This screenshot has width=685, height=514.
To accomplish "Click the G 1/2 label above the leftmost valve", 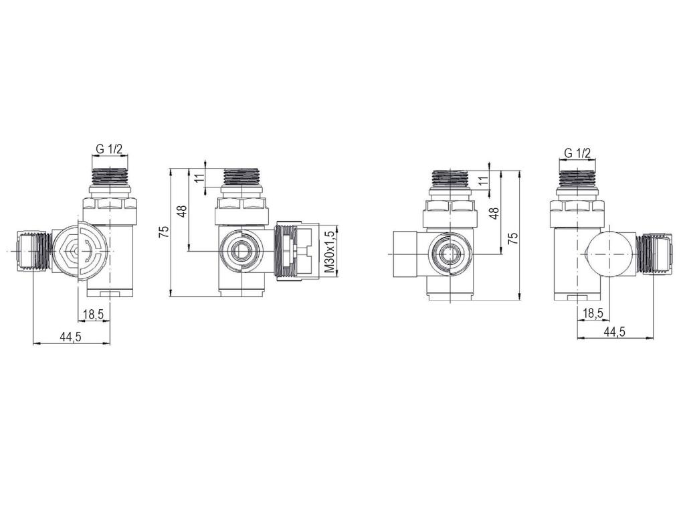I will (108, 150).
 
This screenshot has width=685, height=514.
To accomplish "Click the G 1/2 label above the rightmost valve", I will (577, 153).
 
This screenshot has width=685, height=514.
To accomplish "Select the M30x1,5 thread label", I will (328, 252).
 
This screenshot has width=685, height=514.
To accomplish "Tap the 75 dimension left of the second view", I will (163, 232).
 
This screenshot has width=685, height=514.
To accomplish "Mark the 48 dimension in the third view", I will (495, 215).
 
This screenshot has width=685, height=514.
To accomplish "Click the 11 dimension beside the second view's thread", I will (199, 177).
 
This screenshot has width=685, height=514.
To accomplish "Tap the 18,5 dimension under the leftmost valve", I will (92, 315).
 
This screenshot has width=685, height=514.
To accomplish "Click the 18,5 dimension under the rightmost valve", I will (593, 313).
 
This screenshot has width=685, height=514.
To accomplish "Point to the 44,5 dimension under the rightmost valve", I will (614, 331).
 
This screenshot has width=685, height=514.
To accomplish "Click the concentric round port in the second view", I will (239, 252).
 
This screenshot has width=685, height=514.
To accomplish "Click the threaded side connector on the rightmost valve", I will (654, 254).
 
